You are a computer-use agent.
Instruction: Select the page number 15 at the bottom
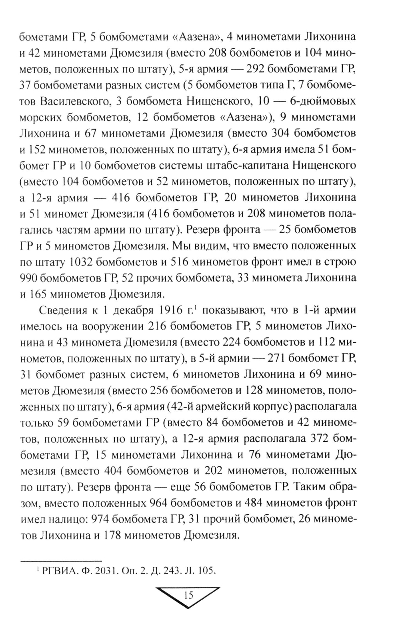pyautogui.click(x=188, y=595)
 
